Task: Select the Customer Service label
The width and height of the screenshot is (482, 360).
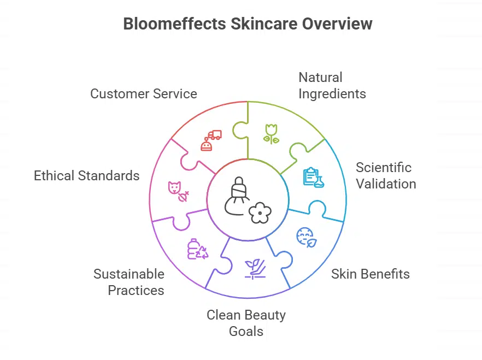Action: point(143,93)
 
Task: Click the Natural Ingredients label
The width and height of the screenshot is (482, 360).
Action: point(332,85)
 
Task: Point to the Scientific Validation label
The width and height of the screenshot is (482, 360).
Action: point(386,175)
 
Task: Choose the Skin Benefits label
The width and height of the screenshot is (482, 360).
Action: point(370,274)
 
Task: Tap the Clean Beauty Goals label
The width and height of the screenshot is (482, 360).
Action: point(246,323)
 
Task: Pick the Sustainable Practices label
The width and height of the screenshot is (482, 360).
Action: point(128,282)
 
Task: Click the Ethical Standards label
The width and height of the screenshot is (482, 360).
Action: point(86,175)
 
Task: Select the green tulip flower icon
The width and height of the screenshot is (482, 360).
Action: point(271,133)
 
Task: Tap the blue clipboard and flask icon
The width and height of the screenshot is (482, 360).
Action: point(313,178)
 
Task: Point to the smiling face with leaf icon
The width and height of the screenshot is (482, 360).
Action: point(305,237)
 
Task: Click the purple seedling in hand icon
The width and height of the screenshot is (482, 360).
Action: point(255,268)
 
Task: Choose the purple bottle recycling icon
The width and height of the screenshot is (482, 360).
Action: point(197,249)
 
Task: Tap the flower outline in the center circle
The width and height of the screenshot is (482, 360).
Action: point(260,212)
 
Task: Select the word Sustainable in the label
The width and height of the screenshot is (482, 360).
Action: point(128,274)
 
